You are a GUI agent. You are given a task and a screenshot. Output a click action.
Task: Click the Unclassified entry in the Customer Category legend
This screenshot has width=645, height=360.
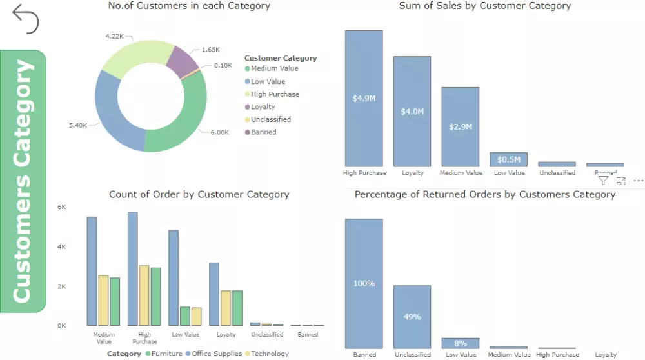tap(270, 119)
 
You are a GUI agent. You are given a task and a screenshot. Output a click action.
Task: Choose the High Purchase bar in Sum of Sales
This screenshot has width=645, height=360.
tap(364, 98)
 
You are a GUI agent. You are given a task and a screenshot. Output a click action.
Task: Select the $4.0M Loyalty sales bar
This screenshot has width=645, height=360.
tap(412, 111)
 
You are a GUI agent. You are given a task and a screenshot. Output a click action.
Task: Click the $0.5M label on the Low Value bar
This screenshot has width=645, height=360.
tap(509, 159)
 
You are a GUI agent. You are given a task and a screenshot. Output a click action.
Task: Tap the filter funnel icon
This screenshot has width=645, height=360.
tap(603, 181)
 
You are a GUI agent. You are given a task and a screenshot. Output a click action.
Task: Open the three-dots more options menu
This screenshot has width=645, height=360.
tap(639, 181)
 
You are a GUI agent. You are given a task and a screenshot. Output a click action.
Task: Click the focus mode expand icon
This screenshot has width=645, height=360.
tap(621, 181)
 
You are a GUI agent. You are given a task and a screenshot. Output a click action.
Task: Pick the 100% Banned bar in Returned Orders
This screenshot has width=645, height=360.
tap(364, 284)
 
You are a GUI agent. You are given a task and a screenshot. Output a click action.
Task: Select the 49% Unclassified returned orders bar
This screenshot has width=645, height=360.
tap(412, 317)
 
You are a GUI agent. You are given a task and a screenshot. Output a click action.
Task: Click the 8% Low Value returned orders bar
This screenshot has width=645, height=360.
tap(461, 343)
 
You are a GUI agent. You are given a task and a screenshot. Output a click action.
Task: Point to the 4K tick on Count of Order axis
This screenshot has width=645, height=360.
tap(62, 246)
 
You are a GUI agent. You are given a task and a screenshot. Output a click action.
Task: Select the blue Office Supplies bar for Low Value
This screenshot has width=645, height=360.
tap(174, 277)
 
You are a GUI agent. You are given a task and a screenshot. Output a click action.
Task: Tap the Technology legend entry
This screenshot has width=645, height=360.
tap(268, 354)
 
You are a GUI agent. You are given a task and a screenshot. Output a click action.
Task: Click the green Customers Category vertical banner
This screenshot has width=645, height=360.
tap(23, 181)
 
